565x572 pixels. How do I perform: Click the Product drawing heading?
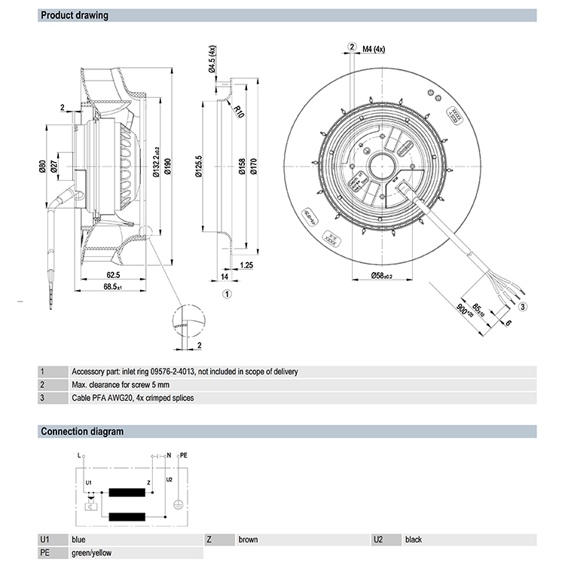point(74,16)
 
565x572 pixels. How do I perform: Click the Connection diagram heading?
point(81,432)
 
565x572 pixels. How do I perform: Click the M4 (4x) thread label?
point(374,49)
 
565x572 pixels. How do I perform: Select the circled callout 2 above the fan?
point(352,47)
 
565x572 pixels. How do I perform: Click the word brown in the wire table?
point(248,540)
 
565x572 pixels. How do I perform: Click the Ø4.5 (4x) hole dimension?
point(212,59)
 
